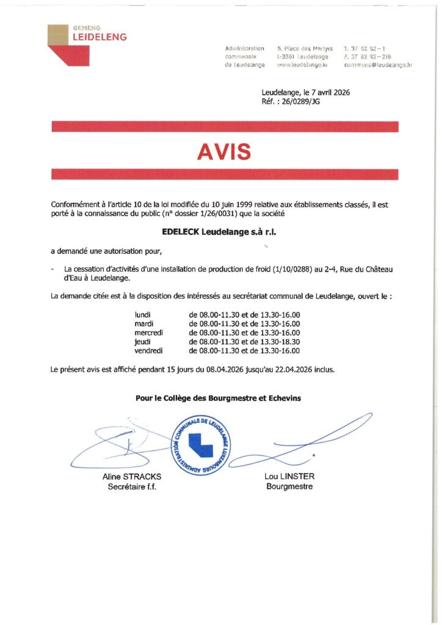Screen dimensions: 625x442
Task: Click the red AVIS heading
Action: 224,151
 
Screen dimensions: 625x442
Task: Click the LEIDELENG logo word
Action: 100,37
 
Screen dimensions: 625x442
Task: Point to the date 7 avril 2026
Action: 324,93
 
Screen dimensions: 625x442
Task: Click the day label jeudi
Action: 142,342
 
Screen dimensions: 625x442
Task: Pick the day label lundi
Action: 142,314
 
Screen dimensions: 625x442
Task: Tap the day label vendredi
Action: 148,351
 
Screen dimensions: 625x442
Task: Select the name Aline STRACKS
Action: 132,477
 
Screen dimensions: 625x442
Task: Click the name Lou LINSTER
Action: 289,477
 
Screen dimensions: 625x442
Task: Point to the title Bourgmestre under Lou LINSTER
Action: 289,486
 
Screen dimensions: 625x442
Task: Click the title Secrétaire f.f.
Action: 132,487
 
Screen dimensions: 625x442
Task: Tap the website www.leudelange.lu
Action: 303,65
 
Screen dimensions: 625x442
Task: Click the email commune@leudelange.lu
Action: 379,65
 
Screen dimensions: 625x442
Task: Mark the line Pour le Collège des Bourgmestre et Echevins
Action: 218,399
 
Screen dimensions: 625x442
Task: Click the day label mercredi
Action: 149,333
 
